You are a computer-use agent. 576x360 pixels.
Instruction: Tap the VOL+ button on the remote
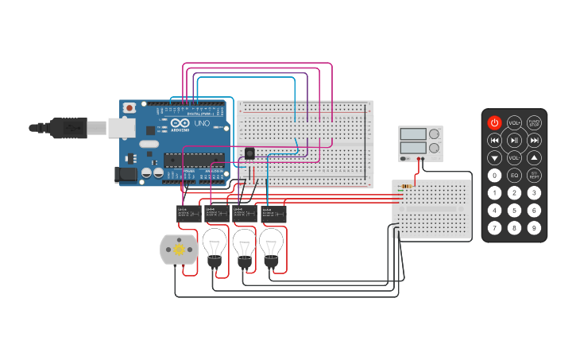(514, 122)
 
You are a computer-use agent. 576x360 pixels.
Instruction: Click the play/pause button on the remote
(514, 141)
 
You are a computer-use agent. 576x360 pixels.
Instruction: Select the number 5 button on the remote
(514, 211)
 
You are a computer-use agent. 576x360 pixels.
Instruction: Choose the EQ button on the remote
(514, 176)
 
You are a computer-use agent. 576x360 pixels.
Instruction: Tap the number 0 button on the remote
(494, 176)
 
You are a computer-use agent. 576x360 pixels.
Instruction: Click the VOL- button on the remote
(514, 158)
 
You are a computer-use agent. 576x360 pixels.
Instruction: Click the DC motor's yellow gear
(179, 250)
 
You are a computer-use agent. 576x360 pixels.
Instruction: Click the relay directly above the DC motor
(187, 213)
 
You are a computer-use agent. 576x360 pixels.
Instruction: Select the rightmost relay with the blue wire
(273, 213)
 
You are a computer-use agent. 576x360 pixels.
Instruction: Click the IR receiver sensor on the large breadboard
(249, 153)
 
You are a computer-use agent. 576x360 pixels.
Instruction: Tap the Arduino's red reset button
(129, 107)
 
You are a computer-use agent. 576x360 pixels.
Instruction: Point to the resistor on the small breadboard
(408, 187)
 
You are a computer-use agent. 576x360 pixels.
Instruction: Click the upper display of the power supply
(413, 134)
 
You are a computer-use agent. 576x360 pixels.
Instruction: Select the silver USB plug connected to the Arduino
(96, 126)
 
